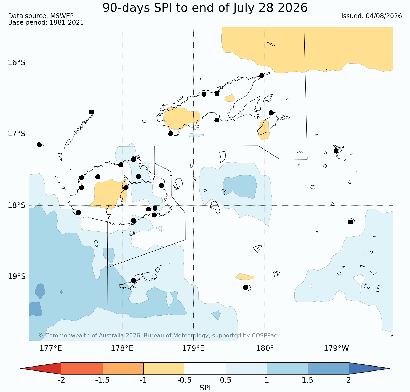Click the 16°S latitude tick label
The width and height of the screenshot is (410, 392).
point(17,63)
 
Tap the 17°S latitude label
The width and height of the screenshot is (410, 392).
point(17,134)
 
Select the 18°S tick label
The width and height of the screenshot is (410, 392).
point(17,205)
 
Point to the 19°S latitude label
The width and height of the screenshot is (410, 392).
point(17,277)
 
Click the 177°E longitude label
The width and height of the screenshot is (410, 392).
point(51,348)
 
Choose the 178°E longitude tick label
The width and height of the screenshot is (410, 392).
point(122,348)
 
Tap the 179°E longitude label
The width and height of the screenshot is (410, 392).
point(193,348)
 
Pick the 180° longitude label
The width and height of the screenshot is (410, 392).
point(265,348)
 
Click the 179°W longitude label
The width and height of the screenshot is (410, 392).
point(336,348)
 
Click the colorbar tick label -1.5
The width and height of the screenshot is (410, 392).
point(103,380)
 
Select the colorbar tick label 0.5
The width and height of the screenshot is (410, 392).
point(226,380)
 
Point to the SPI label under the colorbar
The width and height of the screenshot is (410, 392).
point(205,388)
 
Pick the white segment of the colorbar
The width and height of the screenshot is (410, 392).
point(205,368)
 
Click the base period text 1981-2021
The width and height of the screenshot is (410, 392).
point(67,23)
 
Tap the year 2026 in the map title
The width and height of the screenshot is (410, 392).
point(293,8)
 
